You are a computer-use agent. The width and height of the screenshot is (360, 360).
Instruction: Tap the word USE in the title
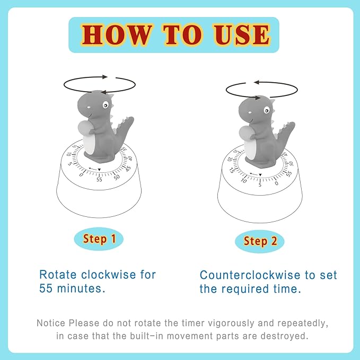[x=239, y=34]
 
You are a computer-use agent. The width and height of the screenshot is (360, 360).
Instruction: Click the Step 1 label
[x=99, y=239]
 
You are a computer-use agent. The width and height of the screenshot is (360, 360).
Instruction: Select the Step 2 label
[x=260, y=241]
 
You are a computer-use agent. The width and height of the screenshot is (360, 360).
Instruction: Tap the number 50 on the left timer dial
[x=117, y=177]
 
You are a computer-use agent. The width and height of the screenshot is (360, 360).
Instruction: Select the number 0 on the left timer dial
[x=81, y=174]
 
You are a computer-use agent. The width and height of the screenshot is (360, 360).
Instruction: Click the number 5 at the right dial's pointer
[x=260, y=184]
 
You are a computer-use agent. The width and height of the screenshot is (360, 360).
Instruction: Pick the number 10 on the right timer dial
[x=243, y=180]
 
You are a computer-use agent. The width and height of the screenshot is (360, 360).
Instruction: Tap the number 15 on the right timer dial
[x=232, y=171]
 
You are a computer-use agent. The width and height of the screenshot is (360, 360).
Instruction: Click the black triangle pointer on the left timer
[x=100, y=170]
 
